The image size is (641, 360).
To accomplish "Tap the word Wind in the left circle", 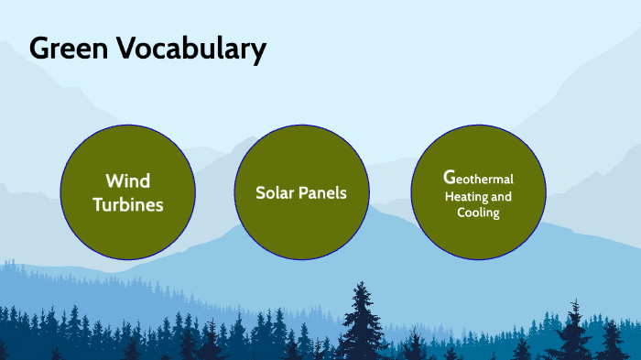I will click(127, 180).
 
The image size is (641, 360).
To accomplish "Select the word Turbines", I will click(128, 204).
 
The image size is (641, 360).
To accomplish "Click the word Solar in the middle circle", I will click(276, 193).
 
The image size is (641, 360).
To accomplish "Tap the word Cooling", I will click(478, 213).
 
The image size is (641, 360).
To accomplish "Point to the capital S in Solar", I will click(261, 193).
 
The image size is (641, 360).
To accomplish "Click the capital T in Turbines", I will click(98, 204).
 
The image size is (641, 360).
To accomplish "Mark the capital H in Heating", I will click(449, 196).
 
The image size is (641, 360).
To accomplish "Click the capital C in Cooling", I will click(462, 213).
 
